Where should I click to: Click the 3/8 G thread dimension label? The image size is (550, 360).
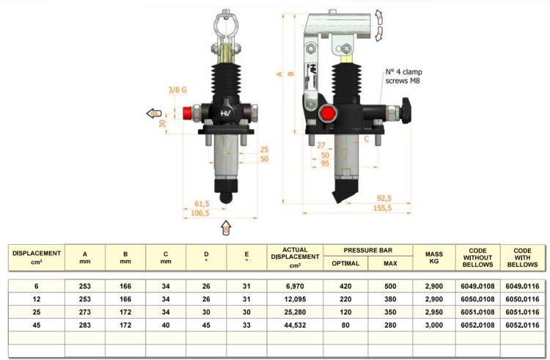click(x=177, y=90)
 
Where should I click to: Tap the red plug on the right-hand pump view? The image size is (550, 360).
click(x=328, y=114)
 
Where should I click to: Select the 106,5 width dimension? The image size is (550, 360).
click(x=200, y=213)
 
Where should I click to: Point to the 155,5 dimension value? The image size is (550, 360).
click(x=382, y=208)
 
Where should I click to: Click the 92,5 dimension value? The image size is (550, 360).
click(x=384, y=199)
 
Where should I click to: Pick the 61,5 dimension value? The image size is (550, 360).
click(x=202, y=204)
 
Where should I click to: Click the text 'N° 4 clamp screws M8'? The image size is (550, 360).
click(x=404, y=76)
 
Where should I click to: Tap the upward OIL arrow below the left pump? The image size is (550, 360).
click(x=227, y=227)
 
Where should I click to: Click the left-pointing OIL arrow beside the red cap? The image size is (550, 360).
click(x=154, y=114)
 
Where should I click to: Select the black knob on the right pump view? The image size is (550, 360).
click(x=406, y=111)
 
